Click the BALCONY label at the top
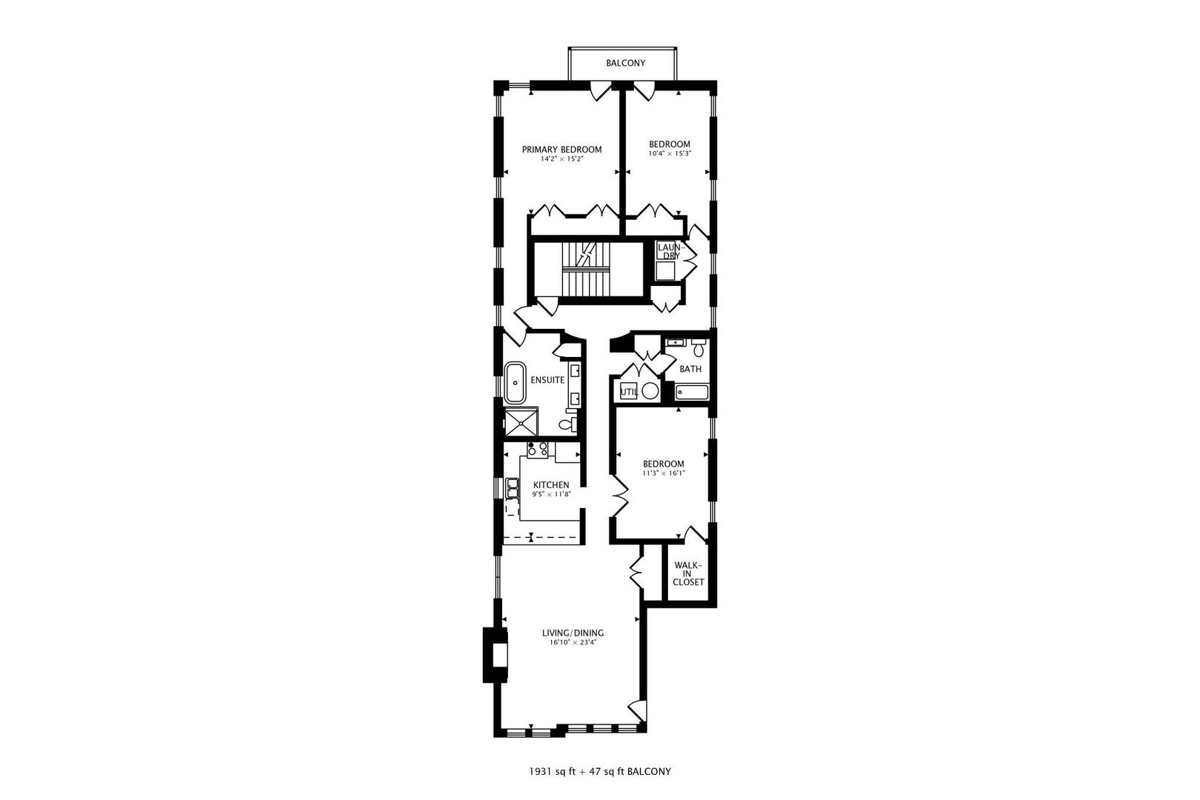pos(625,63)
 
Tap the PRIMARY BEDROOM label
pos(561,150)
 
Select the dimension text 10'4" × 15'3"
pos(670,153)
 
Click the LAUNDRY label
pos(670,251)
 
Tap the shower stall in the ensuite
pos(521,421)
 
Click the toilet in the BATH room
pos(699,347)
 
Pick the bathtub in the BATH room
pos(692,393)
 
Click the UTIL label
pos(629,392)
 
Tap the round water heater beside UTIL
pos(650,391)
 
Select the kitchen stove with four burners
pos(537,449)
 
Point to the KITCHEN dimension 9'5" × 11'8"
pos(551,495)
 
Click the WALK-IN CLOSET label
pos(688,573)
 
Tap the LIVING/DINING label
pos(573,633)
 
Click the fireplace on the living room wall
pos(496,654)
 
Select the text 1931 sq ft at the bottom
pos(552,772)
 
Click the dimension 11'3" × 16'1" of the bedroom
pos(664,473)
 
